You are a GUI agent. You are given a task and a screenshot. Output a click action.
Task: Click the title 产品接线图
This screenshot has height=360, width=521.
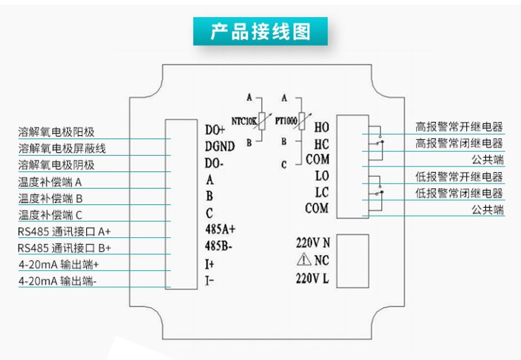coord(260,32)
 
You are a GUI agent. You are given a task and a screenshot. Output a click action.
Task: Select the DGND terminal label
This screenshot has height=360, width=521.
coord(219,145)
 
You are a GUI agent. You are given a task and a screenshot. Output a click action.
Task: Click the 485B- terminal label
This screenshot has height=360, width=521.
coord(219,245)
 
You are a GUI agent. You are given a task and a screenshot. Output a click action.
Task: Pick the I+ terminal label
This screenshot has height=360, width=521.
coord(210,263)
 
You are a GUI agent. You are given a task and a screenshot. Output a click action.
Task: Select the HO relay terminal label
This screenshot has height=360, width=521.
coord(322,127)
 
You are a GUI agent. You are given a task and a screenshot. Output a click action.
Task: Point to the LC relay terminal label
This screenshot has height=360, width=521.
coord(322,192)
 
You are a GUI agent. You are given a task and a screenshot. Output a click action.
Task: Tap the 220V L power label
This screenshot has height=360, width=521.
coord(313,278)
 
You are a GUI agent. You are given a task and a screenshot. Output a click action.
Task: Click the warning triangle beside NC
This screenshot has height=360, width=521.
coord(304,260)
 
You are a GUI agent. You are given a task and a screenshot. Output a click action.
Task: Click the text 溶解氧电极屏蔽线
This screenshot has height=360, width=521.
coord(62,148)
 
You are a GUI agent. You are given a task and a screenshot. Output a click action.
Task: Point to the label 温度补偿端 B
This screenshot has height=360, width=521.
coord(51,198)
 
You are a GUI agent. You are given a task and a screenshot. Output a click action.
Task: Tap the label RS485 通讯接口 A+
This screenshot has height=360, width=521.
coord(64,231)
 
